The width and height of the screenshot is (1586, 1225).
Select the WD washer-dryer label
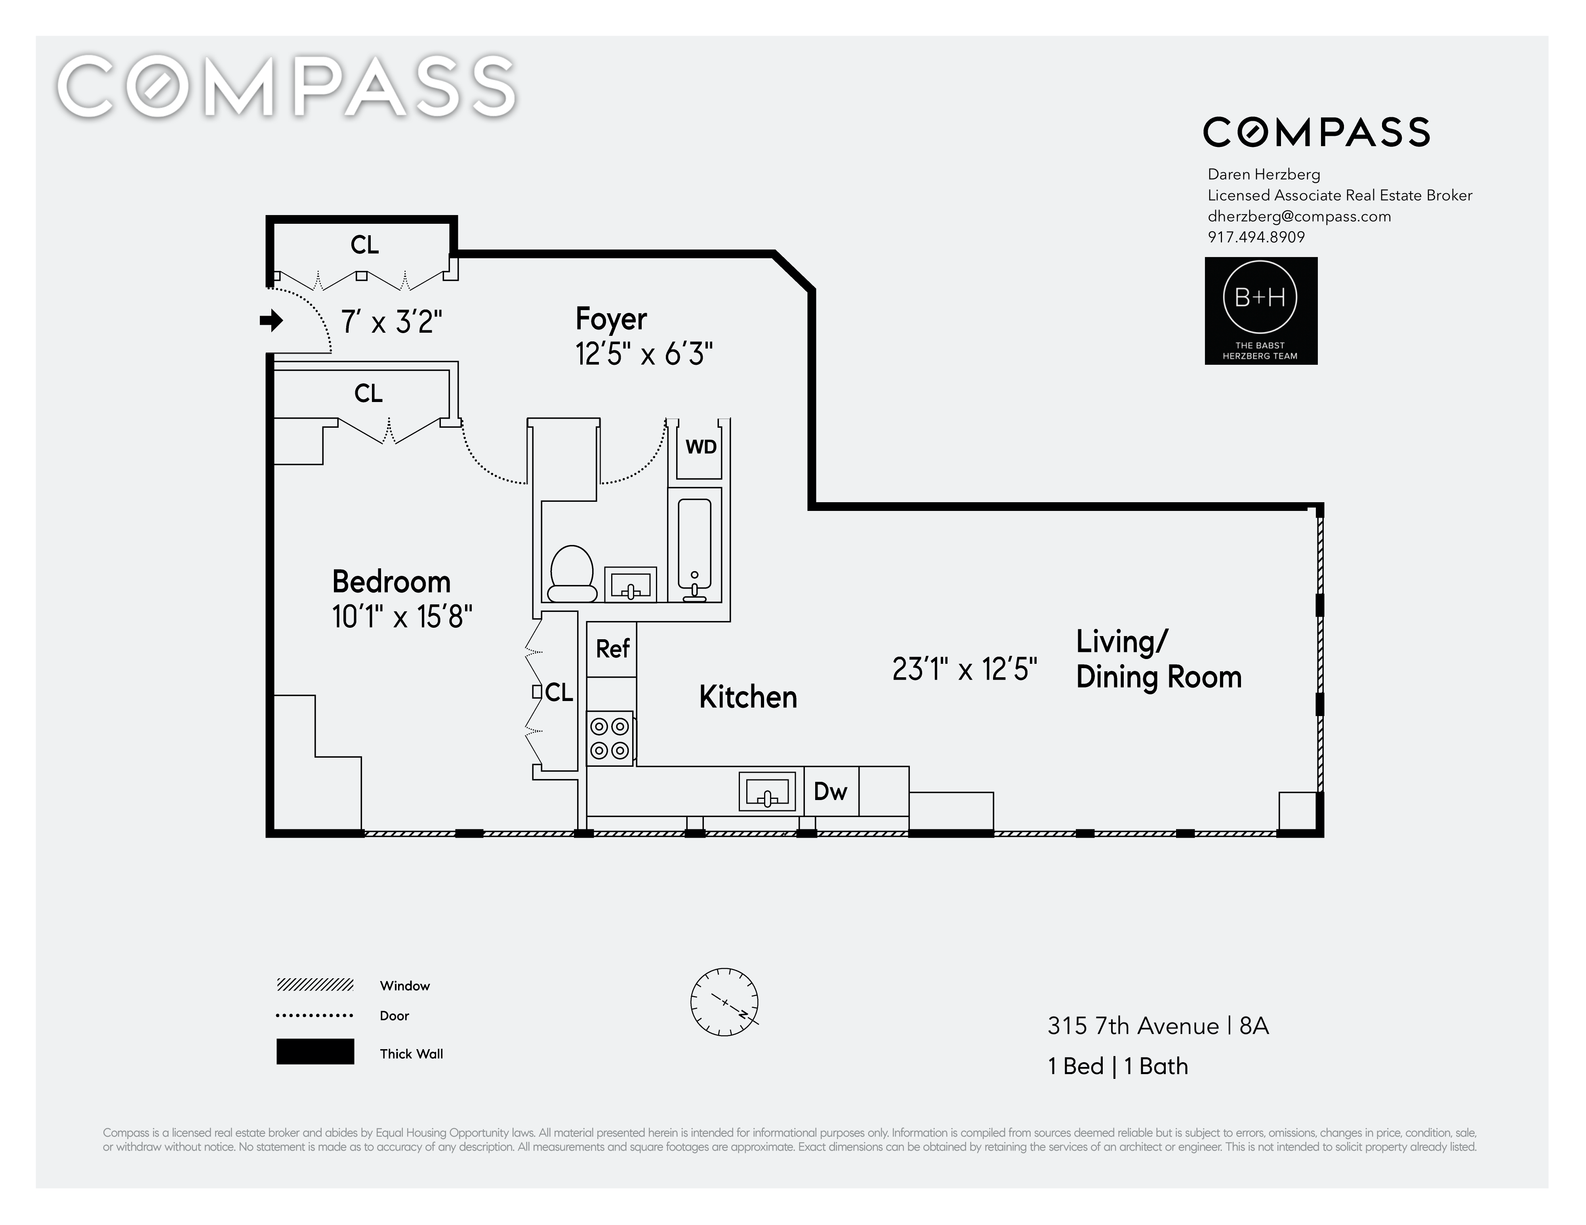click(x=701, y=447)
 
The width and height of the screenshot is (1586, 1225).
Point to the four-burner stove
click(x=610, y=738)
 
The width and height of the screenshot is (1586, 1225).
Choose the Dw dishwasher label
click(x=830, y=791)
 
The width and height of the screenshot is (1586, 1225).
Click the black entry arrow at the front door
click(x=272, y=320)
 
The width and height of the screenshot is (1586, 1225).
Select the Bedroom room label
click(x=391, y=582)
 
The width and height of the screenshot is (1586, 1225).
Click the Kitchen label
click(x=748, y=697)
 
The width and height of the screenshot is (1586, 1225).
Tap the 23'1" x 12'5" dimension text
click(x=965, y=669)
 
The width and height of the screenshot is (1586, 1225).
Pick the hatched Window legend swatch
click(x=315, y=985)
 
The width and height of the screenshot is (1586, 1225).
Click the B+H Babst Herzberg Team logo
click(x=1261, y=311)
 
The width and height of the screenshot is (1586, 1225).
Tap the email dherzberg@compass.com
click(x=1299, y=216)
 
